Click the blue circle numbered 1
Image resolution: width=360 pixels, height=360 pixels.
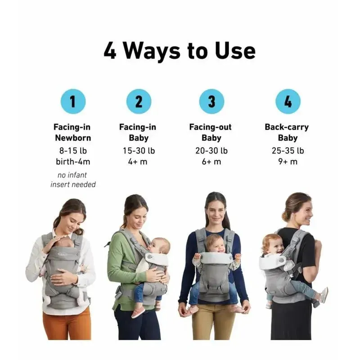[73, 102]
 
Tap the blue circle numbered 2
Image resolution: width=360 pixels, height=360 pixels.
[139, 102]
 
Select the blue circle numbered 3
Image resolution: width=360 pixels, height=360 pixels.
[211, 102]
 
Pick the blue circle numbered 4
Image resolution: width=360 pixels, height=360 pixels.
[288, 102]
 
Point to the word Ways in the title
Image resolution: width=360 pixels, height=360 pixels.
[152, 51]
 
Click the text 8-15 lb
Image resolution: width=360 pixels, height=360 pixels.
[73, 151]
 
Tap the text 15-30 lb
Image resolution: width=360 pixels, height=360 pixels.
[139, 151]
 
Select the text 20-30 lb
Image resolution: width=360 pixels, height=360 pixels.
[211, 151]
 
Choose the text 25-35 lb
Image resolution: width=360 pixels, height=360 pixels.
[288, 151]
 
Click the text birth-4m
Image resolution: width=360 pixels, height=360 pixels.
[73, 162]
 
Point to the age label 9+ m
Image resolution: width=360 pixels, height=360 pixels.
[288, 162]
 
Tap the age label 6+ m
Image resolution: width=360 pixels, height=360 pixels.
[211, 162]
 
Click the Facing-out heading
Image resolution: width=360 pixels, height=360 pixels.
[210, 127]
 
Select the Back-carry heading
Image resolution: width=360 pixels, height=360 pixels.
[287, 127]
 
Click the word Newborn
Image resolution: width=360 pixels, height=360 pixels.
[73, 138]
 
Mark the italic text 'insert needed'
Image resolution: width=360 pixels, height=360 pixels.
[73, 184]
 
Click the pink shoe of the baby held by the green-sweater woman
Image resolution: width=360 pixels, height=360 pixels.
[138, 312]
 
